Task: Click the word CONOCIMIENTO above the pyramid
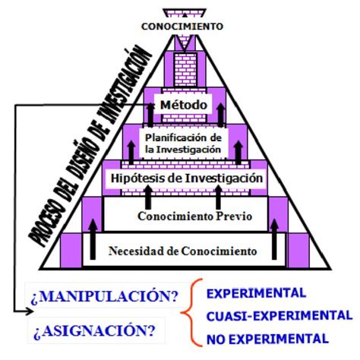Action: click(182, 27)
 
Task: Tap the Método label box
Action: click(183, 104)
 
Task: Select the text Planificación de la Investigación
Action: click(183, 144)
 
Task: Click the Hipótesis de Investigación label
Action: click(187, 178)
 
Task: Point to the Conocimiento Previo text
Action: click(195, 216)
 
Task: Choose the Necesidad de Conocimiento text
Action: click(183, 251)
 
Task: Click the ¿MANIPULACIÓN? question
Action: click(105, 296)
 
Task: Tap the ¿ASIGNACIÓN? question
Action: click(94, 330)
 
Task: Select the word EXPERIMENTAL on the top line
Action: click(256, 293)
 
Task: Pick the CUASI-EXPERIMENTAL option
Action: click(279, 316)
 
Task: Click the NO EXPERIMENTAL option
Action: click(267, 339)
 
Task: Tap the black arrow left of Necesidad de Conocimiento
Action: click(93, 239)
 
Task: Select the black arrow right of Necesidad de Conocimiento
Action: click(274, 239)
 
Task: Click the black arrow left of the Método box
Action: click(151, 115)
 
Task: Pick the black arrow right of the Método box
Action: click(221, 115)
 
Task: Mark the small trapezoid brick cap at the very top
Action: click(185, 13)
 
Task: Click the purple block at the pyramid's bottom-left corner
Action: click(71, 250)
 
